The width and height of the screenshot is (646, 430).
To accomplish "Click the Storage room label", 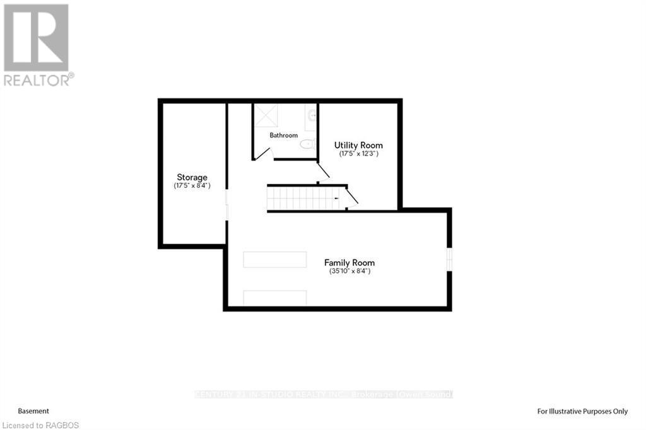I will pyautogui.click(x=192, y=177).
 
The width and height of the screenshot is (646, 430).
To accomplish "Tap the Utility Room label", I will pyautogui.click(x=358, y=145).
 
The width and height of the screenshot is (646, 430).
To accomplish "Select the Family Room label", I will pyautogui.click(x=349, y=262).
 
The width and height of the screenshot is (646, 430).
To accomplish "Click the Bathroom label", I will pyautogui.click(x=283, y=135).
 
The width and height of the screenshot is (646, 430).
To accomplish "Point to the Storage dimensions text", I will pyautogui.click(x=192, y=186).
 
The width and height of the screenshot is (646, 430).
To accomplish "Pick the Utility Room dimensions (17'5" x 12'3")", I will pyautogui.click(x=358, y=153).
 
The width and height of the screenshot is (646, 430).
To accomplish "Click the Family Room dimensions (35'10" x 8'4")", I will pyautogui.click(x=349, y=271).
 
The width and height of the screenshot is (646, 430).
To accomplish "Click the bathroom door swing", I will pyautogui.click(x=265, y=153).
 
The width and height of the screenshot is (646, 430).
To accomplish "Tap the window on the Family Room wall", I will pyautogui.click(x=450, y=259).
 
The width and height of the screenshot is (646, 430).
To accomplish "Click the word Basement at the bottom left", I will pyautogui.click(x=33, y=410).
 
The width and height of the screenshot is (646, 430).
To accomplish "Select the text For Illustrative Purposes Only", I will pyautogui.click(x=582, y=411).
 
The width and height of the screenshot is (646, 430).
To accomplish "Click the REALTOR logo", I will pyautogui.click(x=37, y=44).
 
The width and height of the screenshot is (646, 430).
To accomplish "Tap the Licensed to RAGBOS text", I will pyautogui.click(x=40, y=425).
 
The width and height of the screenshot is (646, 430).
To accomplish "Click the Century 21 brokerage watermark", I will pyautogui.click(x=323, y=395).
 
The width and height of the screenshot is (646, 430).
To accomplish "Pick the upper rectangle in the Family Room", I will pyautogui.click(x=275, y=260).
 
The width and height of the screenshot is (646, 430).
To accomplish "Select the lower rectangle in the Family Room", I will pyautogui.click(x=275, y=298).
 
